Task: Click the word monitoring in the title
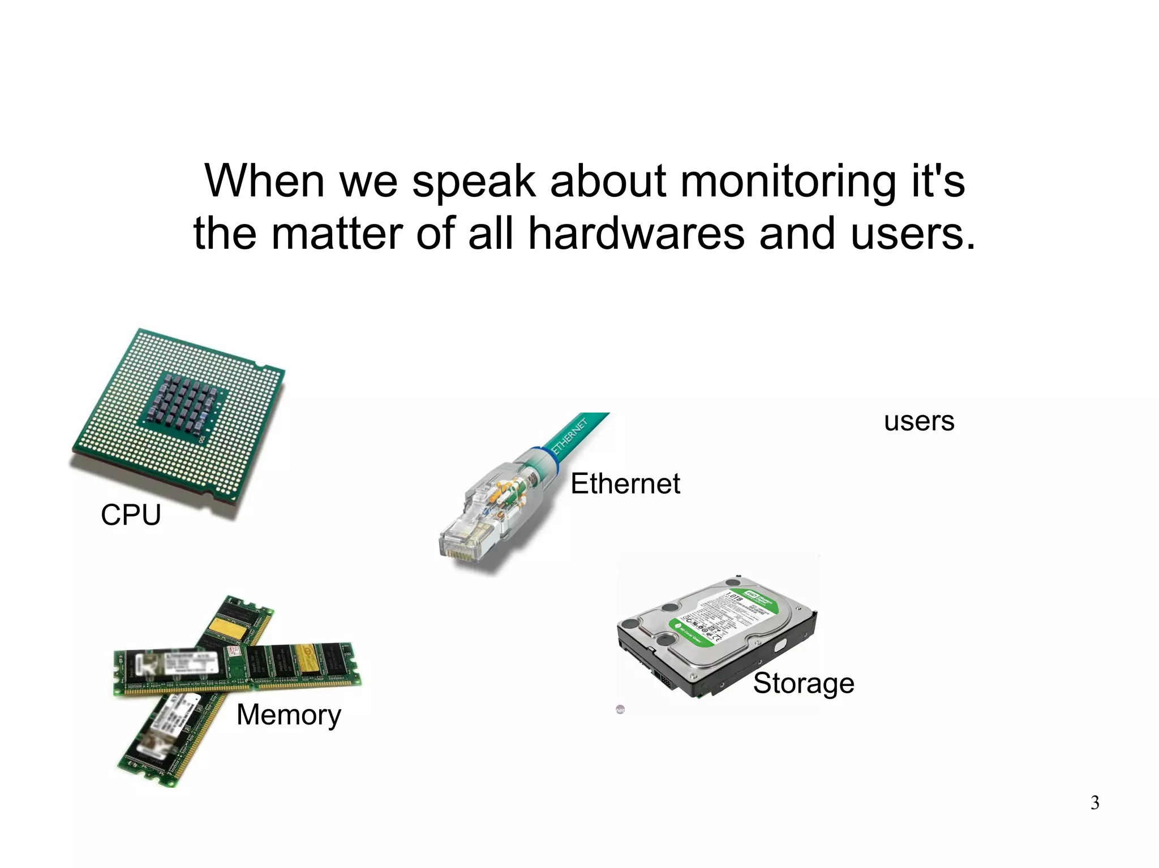[x=787, y=182]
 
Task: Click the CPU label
[x=131, y=515]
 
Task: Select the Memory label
[x=289, y=715]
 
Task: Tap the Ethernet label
[x=625, y=484]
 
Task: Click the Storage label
[x=803, y=683]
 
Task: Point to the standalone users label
[x=919, y=421]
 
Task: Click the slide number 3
[x=1094, y=803]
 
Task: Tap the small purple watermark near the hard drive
[x=620, y=710]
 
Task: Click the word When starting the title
[x=264, y=182]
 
